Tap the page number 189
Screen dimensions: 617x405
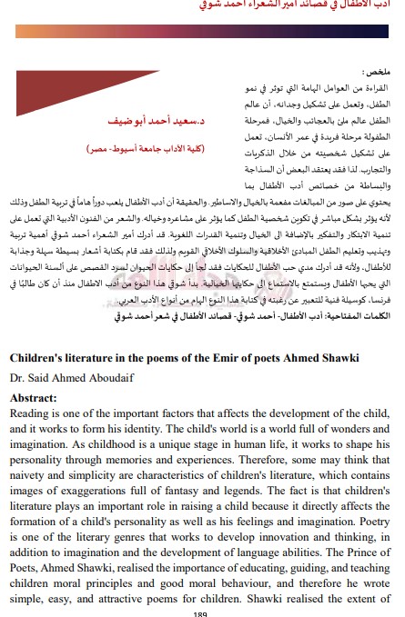(x=202, y=613)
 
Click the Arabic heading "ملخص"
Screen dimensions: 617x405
(x=375, y=69)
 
